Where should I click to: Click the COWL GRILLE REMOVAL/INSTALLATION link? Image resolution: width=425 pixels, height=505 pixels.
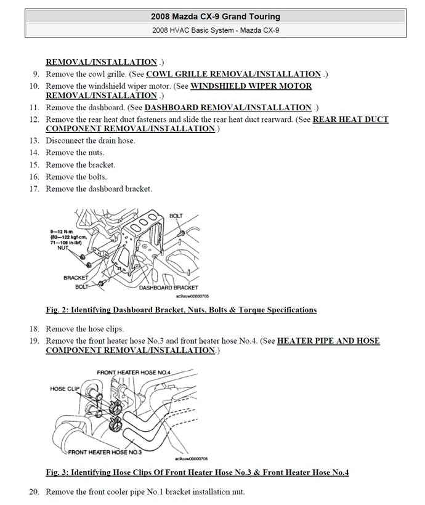click(233, 74)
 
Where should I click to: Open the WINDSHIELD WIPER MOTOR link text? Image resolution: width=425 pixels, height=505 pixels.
click(251, 86)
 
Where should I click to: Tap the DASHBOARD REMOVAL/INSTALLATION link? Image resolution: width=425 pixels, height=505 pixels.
click(228, 107)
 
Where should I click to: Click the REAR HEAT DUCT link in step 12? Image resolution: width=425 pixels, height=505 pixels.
click(350, 119)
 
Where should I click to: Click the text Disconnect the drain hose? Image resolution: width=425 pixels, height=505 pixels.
click(91, 140)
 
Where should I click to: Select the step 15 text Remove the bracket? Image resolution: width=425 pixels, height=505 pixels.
click(80, 164)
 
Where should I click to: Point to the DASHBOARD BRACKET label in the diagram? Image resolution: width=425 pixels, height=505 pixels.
click(168, 288)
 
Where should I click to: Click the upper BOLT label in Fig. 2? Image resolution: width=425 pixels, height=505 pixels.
click(176, 216)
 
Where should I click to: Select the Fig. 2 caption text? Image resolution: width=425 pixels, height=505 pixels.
click(181, 310)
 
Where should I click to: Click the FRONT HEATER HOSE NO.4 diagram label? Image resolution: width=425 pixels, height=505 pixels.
click(133, 373)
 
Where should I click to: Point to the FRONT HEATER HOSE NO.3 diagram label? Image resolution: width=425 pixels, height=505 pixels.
click(105, 452)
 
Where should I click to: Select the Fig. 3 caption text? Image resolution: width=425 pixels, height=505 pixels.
click(197, 473)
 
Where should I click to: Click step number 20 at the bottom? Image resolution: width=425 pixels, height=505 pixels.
click(34, 492)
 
